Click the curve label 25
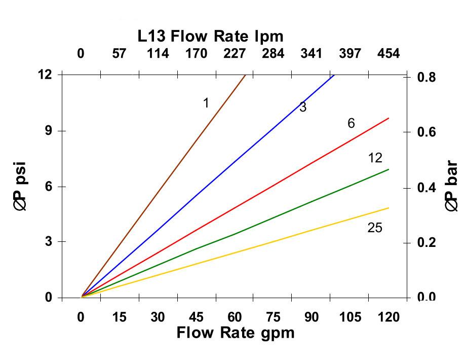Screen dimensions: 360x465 (x=375, y=228)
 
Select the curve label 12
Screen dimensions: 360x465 (x=375, y=158)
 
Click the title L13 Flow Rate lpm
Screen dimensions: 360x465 (x=210, y=37)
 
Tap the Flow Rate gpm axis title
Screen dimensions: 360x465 (x=235, y=333)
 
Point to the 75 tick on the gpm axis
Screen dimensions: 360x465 (x=273, y=317)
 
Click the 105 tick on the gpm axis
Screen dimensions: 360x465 (x=350, y=317)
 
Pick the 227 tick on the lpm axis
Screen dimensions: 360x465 (x=235, y=54)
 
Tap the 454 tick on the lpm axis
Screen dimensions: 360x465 (x=389, y=54)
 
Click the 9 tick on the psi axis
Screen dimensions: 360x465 (x=49, y=131)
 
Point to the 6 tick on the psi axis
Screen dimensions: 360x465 (x=49, y=187)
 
